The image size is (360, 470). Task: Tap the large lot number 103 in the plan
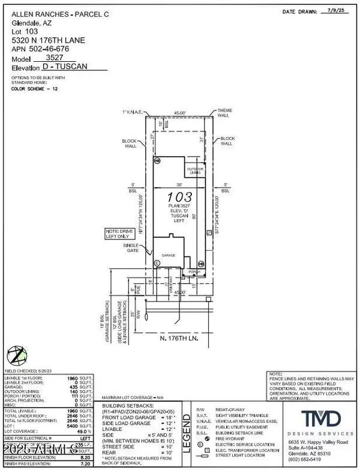pyautogui.click(x=178, y=196)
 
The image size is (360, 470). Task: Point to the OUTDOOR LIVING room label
pyautogui.click(x=194, y=170)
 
